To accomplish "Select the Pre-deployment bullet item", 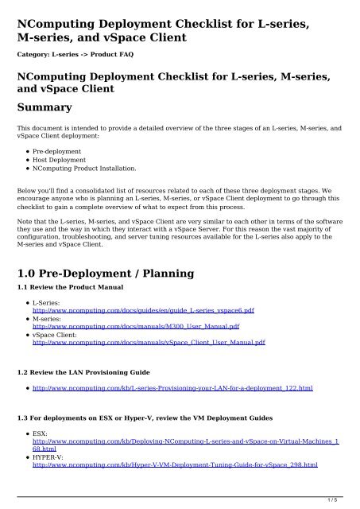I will tap(60, 150).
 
